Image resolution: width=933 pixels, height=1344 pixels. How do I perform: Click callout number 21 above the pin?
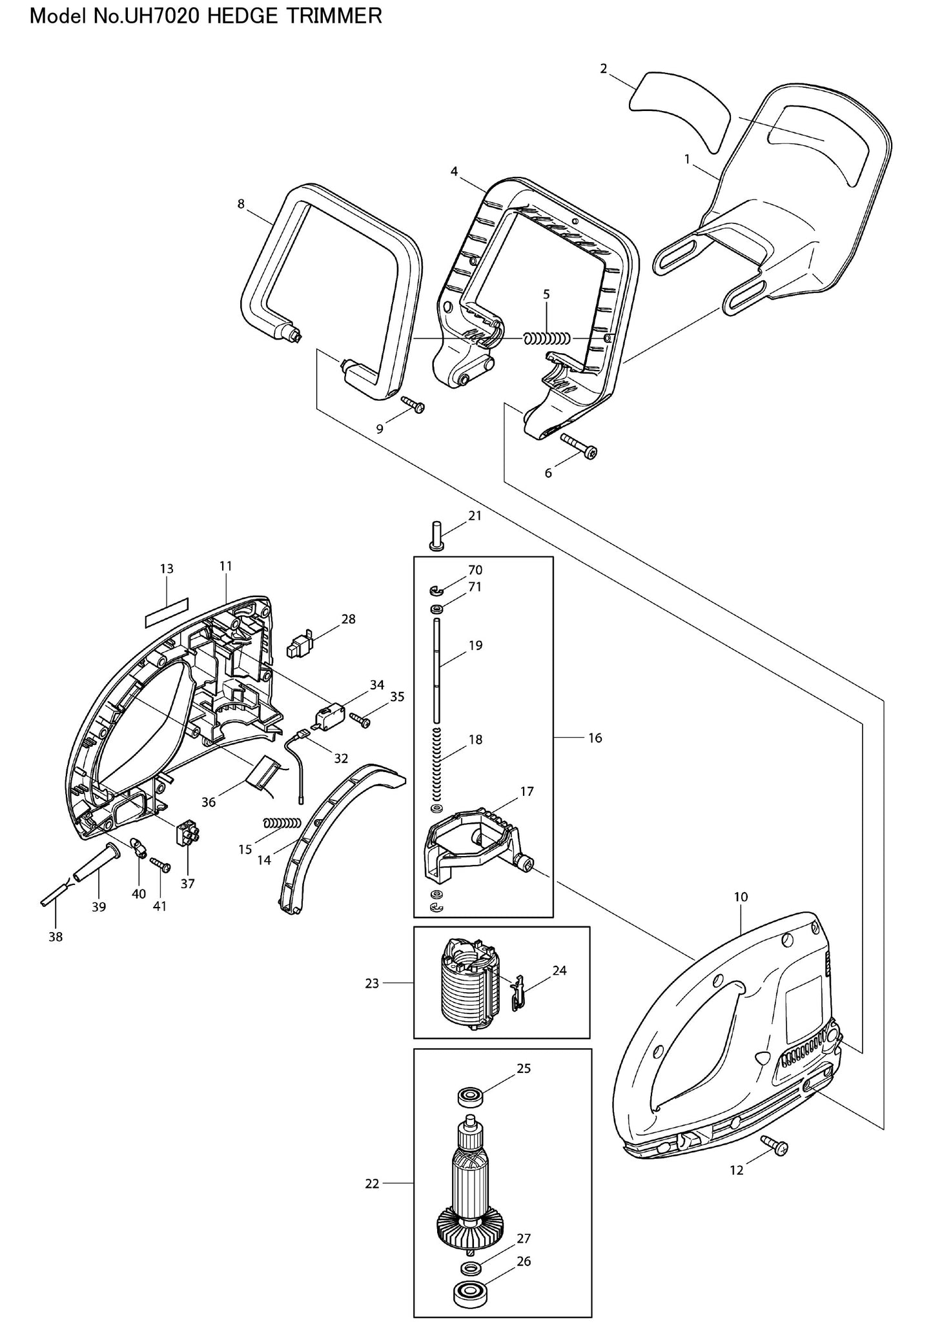point(475,516)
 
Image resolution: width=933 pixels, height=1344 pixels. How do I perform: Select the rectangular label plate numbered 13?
point(166,611)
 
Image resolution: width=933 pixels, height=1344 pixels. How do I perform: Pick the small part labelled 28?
point(302,644)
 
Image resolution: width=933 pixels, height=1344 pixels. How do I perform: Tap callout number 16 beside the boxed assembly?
point(595,738)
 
